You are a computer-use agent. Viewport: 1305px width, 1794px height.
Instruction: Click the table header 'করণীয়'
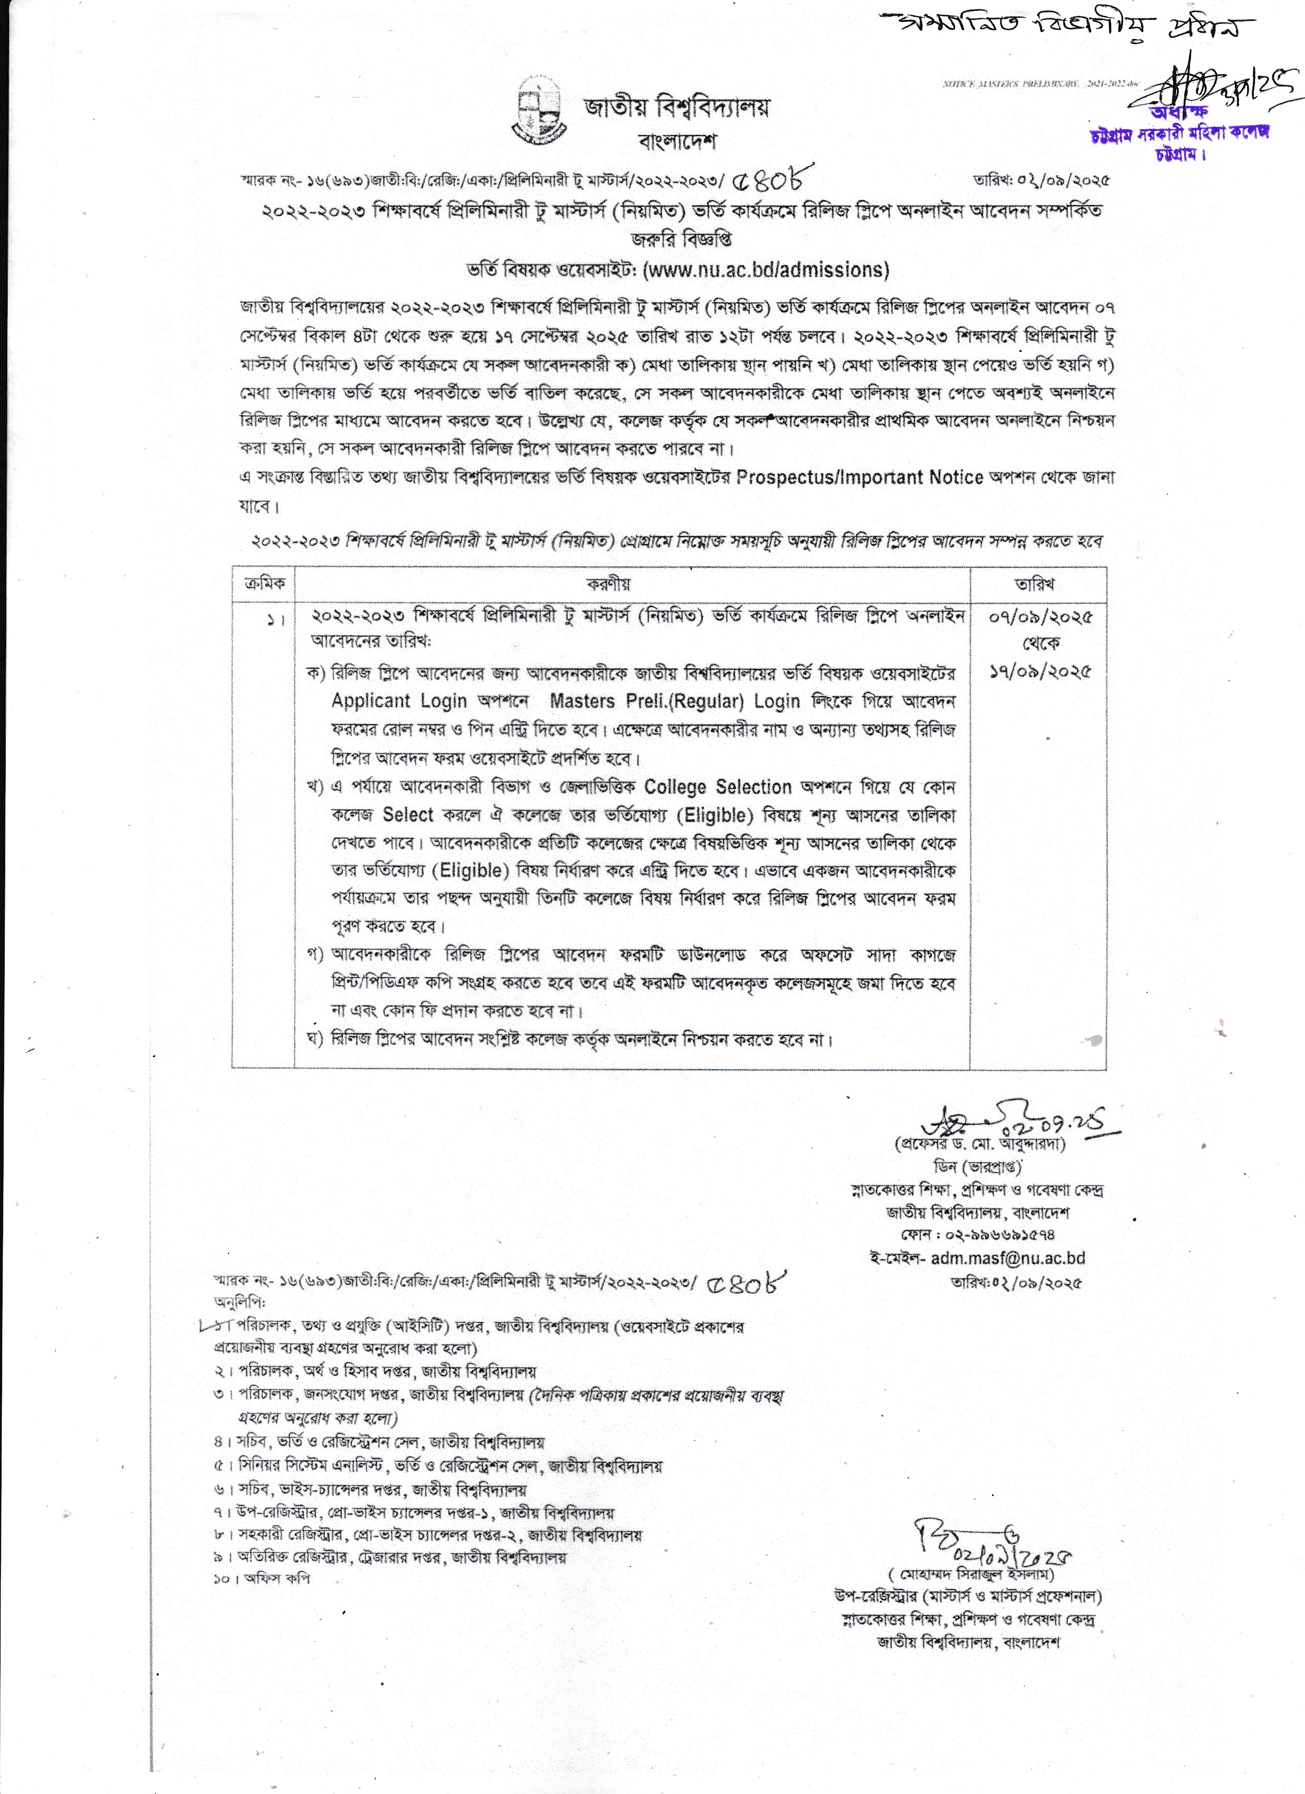608,585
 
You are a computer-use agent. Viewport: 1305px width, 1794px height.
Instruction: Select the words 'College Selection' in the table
717,787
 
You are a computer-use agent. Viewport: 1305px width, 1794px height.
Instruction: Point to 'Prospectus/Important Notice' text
859,478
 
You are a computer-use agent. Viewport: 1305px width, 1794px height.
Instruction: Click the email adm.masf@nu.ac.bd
1007,1258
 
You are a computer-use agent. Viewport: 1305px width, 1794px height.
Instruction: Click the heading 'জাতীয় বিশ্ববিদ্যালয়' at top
676,107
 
